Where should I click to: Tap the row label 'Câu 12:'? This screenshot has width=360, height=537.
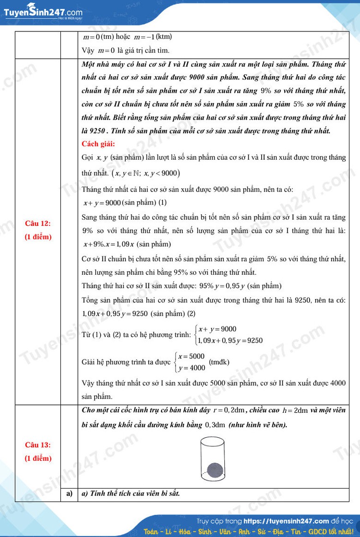38,224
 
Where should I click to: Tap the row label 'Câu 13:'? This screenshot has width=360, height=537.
38,445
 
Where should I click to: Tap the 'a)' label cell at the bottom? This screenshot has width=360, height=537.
69,494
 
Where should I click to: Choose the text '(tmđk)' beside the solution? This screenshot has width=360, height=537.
219,362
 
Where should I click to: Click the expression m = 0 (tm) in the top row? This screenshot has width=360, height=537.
98,37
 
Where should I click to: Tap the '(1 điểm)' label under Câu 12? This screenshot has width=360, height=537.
38,237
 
